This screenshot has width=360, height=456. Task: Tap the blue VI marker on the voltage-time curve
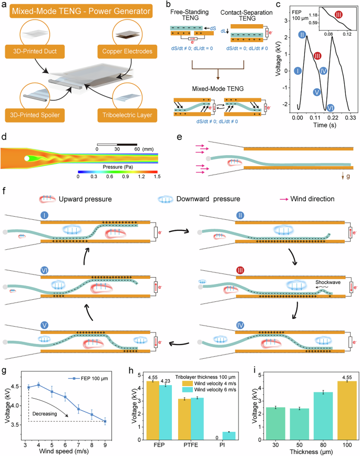click(331, 107)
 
